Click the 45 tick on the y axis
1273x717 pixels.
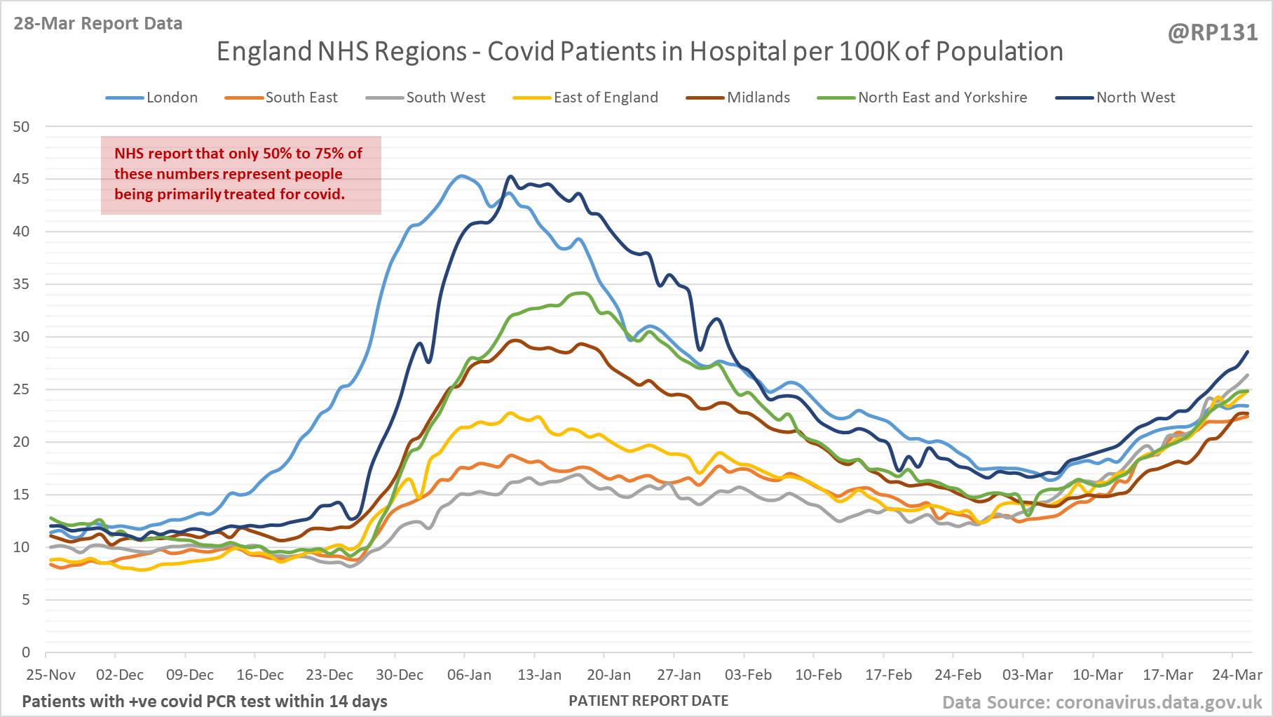(x=21, y=179)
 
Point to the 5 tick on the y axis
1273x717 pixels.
(x=25, y=600)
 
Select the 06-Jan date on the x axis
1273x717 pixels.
(x=469, y=675)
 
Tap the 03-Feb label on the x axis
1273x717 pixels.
(x=748, y=675)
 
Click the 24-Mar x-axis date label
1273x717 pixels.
(x=1237, y=675)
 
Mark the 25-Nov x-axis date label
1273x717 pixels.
(x=50, y=675)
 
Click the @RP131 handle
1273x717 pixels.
(x=1212, y=32)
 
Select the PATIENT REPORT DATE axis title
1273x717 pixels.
(x=648, y=701)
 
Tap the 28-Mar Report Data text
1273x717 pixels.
(x=97, y=23)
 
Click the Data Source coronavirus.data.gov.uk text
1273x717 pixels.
(x=1101, y=702)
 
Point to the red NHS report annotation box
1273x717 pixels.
(x=240, y=175)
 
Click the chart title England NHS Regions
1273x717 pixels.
(x=639, y=51)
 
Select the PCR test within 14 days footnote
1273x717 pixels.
(x=205, y=701)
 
